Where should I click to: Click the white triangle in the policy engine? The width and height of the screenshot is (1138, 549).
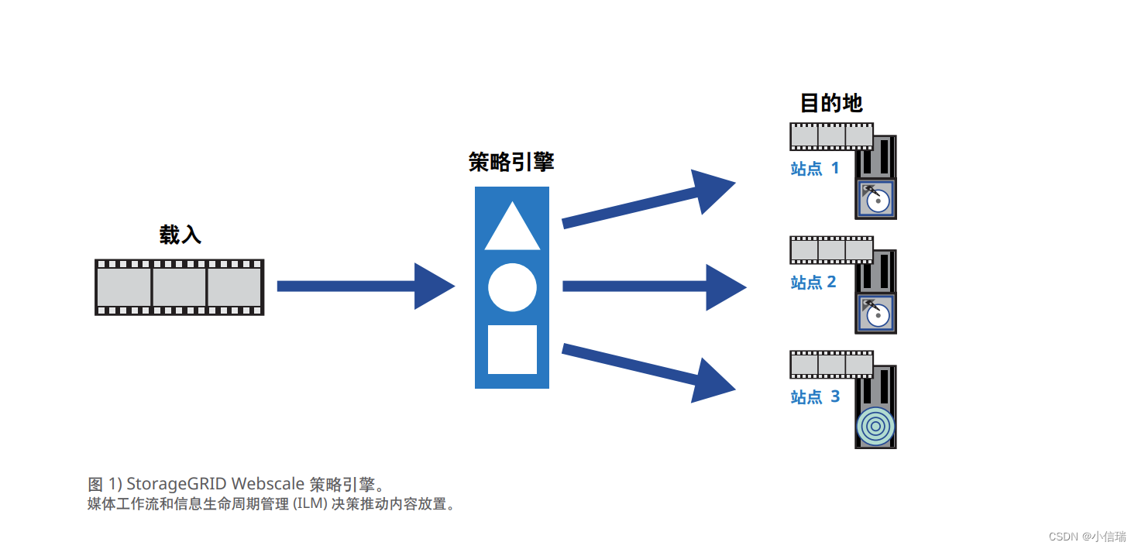tap(512, 229)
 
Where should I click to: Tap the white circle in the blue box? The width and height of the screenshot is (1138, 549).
tap(512, 287)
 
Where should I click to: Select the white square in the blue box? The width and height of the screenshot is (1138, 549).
tap(512, 349)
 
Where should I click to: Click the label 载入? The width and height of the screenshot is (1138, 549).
tap(180, 235)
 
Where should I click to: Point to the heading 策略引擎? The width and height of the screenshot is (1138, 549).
tap(511, 163)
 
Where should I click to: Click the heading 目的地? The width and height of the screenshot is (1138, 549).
tap(831, 103)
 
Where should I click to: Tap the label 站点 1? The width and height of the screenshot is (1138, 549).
tap(814, 168)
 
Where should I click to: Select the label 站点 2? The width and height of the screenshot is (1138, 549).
tap(813, 282)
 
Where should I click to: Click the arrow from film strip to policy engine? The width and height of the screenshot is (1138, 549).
tap(365, 287)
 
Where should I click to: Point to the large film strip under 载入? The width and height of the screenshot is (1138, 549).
tap(179, 287)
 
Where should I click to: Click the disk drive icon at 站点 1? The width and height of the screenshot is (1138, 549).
tap(876, 199)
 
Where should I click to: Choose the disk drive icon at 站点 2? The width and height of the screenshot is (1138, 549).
tap(876, 314)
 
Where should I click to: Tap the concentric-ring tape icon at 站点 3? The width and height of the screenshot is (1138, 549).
tap(876, 426)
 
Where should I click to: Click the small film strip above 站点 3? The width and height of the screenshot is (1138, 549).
tap(831, 365)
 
